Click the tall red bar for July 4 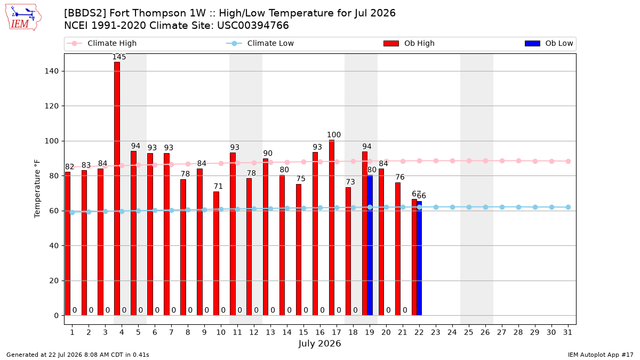(x=117, y=189)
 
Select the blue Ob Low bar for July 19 (x=370, y=245)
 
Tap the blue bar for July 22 (x=419, y=258)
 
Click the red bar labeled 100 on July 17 (x=332, y=228)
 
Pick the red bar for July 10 (x=217, y=253)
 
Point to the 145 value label (x=119, y=57)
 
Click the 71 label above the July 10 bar (x=218, y=186)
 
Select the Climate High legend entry (x=101, y=43)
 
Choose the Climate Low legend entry (x=260, y=43)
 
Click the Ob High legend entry (x=409, y=43)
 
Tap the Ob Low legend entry (x=549, y=43)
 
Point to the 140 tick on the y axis (x=51, y=71)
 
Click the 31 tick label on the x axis (x=567, y=332)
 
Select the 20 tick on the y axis (x=54, y=281)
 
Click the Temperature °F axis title (x=37, y=189)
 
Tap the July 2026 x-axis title (x=319, y=343)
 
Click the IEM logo (x=23, y=18)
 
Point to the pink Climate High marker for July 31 (x=569, y=162)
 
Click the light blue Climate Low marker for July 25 (x=469, y=207)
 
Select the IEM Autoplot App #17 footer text (x=601, y=355)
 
